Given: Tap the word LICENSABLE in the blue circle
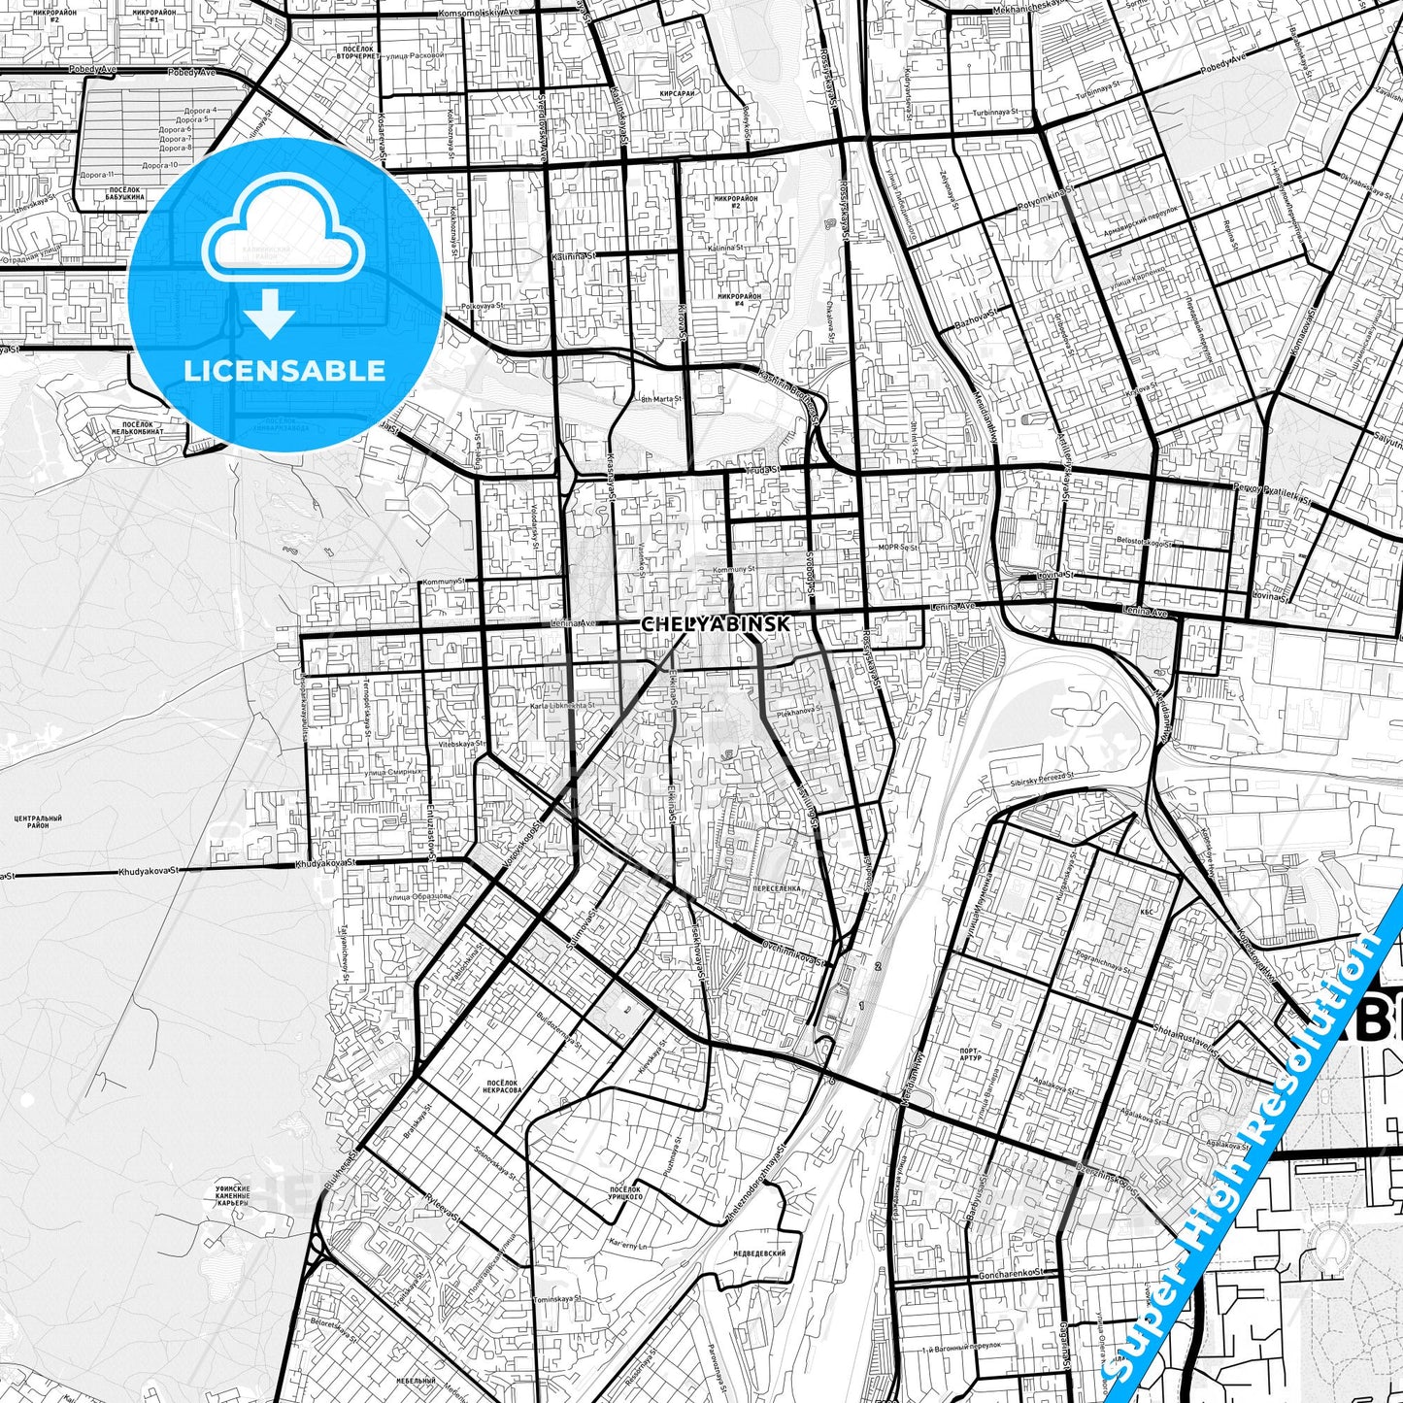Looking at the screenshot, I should tap(284, 371).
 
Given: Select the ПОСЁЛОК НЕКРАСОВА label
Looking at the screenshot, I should tap(502, 1086).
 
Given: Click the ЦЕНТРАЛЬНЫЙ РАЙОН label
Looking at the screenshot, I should tap(39, 822).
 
